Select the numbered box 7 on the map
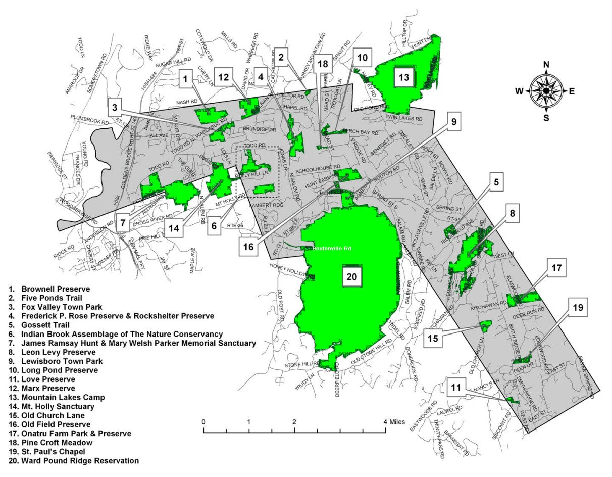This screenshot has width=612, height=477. (123, 223)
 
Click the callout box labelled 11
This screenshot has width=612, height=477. (456, 388)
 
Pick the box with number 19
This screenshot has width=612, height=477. (577, 306)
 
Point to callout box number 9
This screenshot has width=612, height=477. (453, 121)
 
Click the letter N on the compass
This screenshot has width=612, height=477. (546, 64)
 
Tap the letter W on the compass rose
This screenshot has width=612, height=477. (519, 91)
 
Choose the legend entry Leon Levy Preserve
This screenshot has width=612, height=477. (58, 352)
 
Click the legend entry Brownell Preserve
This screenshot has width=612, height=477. (56, 289)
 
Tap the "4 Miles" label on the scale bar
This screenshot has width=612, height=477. (393, 421)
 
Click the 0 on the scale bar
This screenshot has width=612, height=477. (203, 421)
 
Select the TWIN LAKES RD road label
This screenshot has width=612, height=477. (404, 118)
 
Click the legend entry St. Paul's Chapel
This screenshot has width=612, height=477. (54, 452)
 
